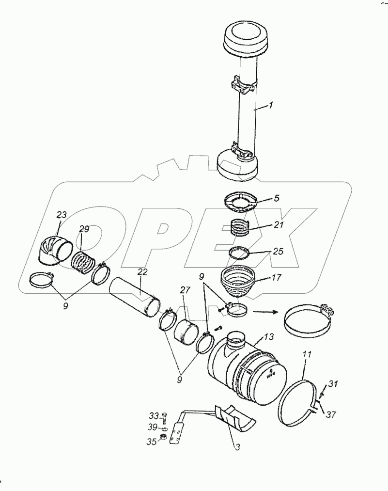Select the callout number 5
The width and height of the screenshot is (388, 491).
coord(277,198)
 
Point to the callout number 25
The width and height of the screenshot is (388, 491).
coord(278,252)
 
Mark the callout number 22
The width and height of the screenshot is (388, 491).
coord(141,272)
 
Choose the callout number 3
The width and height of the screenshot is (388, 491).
coord(237,447)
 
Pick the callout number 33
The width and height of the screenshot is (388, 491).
coord(154,415)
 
